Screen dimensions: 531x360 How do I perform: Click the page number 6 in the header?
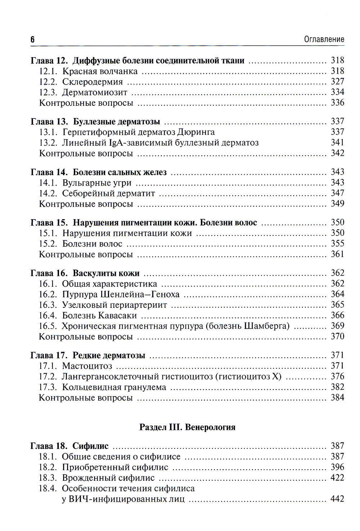[32, 40]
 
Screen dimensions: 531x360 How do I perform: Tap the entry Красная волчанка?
[100, 71]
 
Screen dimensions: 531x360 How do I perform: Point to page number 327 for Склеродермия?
[337, 82]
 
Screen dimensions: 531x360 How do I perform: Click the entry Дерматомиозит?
[95, 92]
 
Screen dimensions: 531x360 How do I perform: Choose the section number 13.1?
[48, 132]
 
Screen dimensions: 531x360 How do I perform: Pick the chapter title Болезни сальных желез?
[120, 172]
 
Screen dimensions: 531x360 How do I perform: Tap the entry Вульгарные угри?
[97, 183]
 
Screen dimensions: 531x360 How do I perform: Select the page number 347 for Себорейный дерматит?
[337, 193]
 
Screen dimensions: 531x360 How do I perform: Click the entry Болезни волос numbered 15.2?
[92, 244]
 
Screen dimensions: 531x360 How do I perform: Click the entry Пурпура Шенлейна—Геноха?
[121, 295]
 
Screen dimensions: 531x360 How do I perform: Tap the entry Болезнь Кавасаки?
[99, 316]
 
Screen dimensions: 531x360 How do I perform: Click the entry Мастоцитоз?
[87, 366]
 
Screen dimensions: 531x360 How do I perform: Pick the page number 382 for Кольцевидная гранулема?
[337, 387]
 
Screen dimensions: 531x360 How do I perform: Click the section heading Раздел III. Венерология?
[187, 427]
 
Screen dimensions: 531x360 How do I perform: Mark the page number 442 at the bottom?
[337, 499]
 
